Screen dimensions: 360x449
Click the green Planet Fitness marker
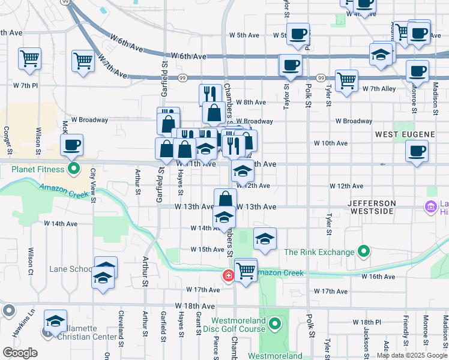tap(74, 169)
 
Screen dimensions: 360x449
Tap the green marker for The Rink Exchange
tap(363, 251)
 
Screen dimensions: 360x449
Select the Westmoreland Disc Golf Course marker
tap(276, 325)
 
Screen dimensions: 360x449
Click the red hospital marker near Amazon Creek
tap(228, 275)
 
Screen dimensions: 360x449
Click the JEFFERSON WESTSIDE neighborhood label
tap(372, 203)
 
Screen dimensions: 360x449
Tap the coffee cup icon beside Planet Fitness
tap(72, 145)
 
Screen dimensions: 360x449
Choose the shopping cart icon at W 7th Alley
tap(346, 80)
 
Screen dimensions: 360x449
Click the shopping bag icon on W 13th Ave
tap(225, 200)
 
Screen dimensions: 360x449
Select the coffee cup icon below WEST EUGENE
tap(417, 151)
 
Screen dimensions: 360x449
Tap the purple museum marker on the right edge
tap(430, 208)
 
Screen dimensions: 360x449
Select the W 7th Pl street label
tap(25, 86)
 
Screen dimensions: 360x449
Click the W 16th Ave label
tap(378, 277)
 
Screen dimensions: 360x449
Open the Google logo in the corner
tap(20, 353)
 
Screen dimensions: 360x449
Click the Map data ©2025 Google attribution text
tap(412, 355)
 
